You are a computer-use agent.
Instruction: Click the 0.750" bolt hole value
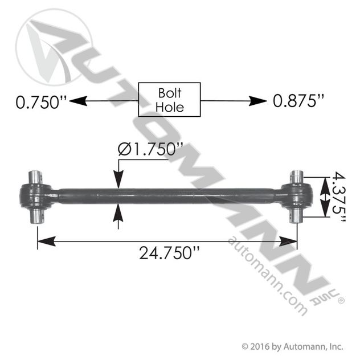(42, 102)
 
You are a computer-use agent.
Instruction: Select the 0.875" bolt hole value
(298, 101)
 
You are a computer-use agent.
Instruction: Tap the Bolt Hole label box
(169, 100)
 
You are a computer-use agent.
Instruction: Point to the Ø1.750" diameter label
(150, 149)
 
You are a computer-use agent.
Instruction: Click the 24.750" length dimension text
(169, 253)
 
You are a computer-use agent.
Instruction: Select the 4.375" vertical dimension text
(339, 197)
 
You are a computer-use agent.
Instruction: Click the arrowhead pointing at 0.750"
(78, 101)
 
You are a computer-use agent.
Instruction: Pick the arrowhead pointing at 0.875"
(258, 101)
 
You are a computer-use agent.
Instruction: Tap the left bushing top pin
(35, 177)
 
